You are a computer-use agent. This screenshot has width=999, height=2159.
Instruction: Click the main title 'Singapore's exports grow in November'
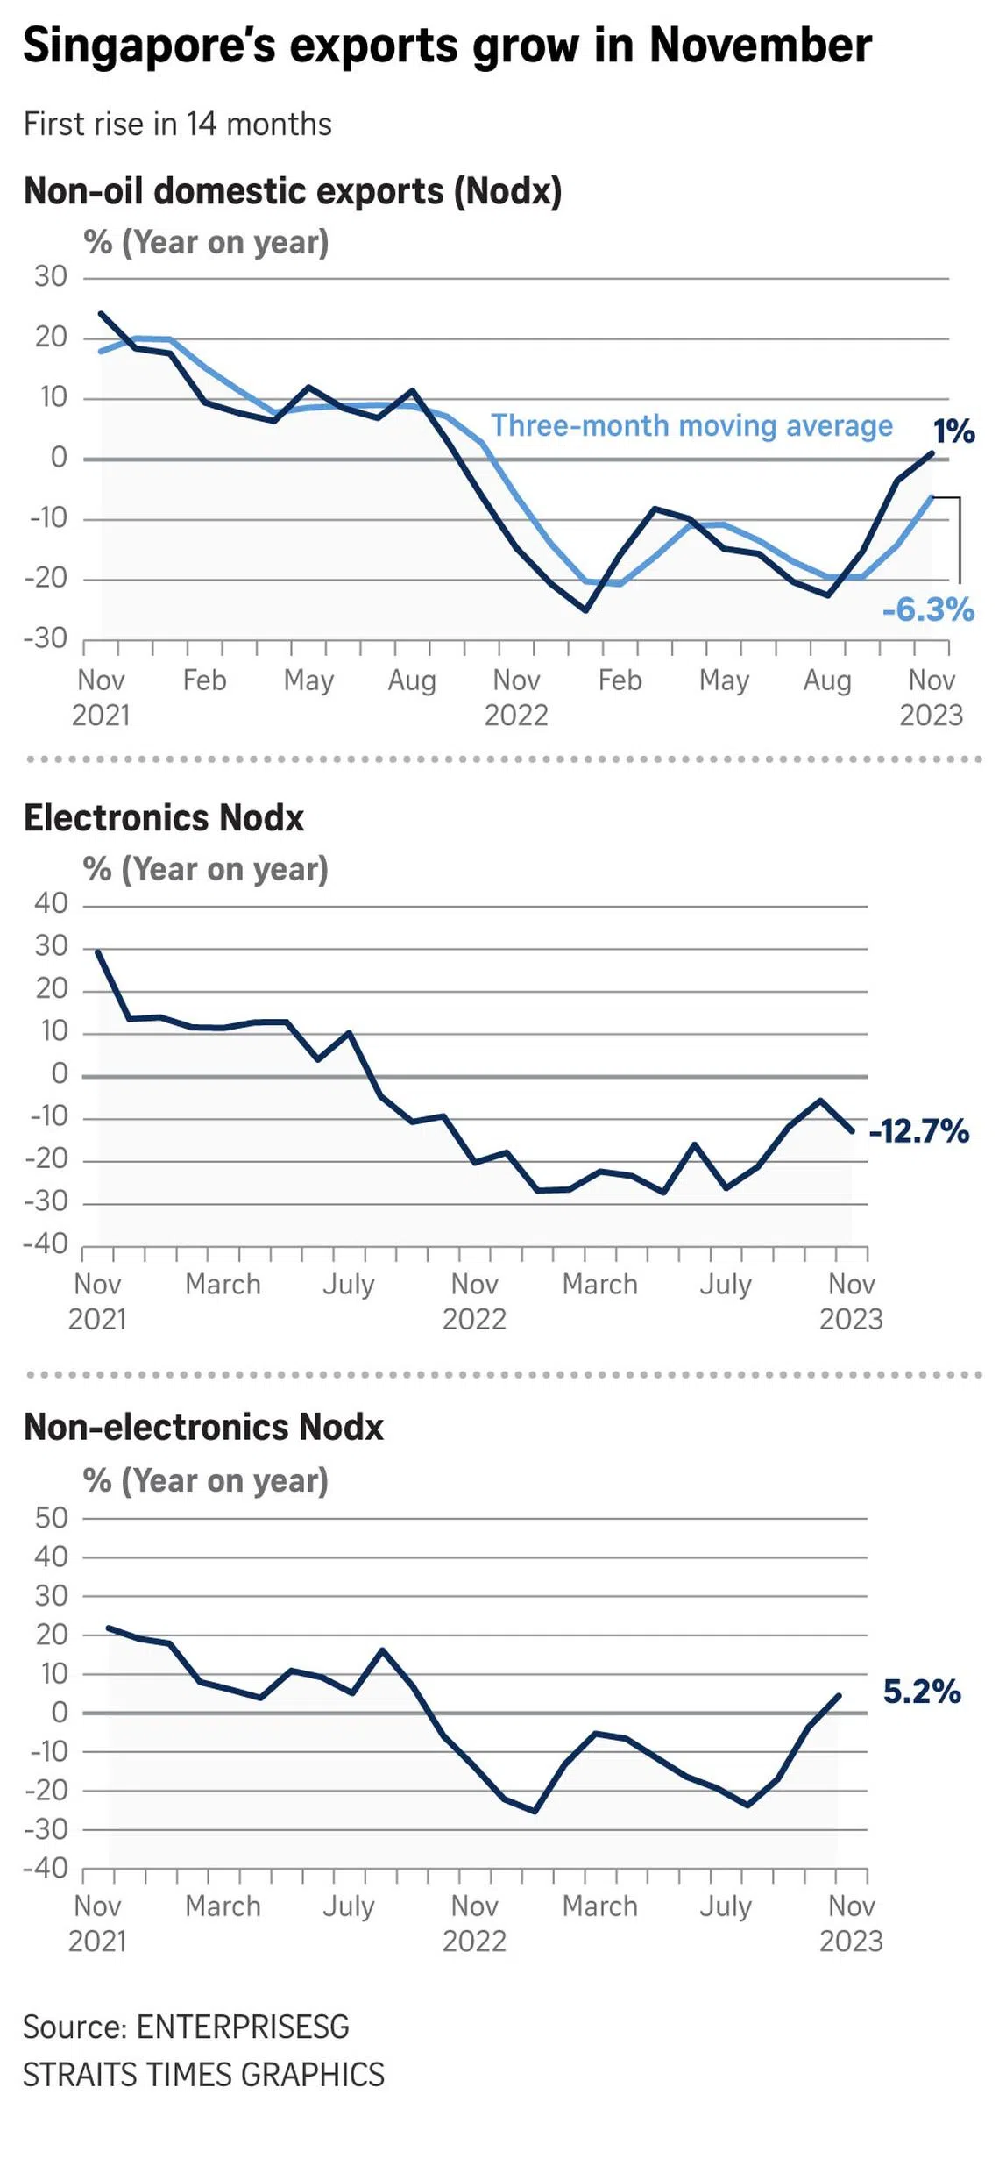click(447, 46)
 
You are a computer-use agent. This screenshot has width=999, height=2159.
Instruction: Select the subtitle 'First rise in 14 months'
click(177, 125)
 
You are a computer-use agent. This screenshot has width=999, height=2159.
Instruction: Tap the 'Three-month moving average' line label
click(691, 426)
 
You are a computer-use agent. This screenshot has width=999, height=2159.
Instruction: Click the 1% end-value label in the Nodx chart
click(953, 431)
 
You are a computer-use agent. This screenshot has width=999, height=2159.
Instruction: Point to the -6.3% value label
click(928, 609)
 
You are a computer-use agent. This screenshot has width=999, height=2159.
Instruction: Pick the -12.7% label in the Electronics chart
click(918, 1131)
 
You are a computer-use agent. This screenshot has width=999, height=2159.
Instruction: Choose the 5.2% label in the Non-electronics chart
click(922, 1692)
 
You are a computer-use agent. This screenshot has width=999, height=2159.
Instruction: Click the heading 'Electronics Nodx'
click(163, 818)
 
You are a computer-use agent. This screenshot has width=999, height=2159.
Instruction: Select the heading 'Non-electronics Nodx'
click(203, 1428)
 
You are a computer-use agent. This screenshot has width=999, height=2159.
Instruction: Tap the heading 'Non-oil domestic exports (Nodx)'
click(293, 191)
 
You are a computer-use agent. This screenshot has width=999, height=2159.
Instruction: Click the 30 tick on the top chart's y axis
click(51, 277)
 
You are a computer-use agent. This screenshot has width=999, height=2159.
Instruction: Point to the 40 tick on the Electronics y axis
click(51, 903)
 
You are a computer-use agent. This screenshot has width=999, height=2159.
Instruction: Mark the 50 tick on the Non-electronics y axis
click(51, 1518)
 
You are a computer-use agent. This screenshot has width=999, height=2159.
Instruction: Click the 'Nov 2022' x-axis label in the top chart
click(516, 697)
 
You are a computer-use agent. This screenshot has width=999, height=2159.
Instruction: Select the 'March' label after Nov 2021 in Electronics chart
click(223, 1285)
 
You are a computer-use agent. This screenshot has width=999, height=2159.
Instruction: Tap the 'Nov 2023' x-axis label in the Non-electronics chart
click(851, 1923)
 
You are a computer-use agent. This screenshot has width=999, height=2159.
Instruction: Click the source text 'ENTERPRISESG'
click(243, 2027)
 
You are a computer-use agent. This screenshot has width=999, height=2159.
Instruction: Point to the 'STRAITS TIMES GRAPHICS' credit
click(203, 2075)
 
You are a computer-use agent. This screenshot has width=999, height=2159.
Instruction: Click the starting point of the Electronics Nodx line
click(97, 951)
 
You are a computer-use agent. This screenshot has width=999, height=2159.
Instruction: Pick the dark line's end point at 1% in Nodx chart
click(932, 453)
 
